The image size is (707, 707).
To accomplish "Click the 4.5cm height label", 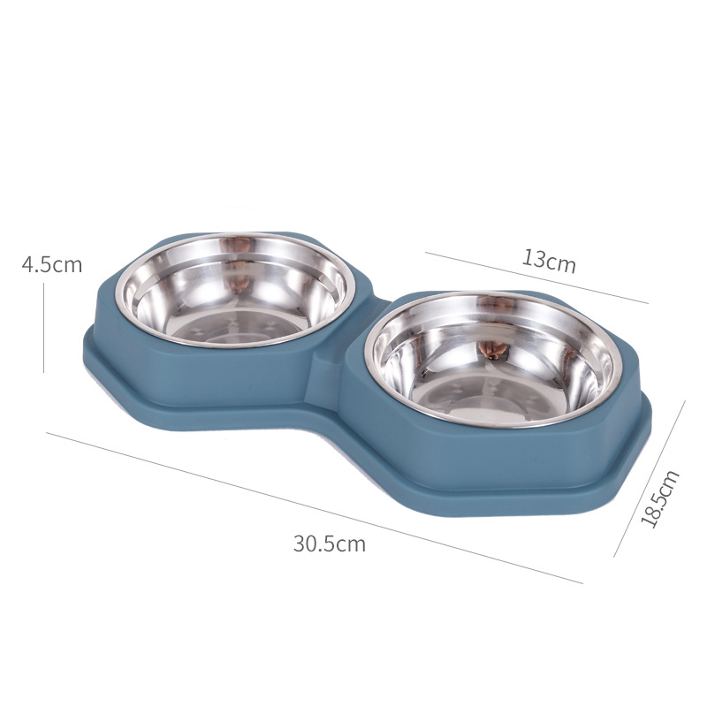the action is [52, 264].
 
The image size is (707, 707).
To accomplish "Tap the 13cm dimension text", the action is [549, 261].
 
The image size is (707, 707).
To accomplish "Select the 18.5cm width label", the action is [659, 498].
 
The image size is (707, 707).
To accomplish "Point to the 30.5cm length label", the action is [329, 544].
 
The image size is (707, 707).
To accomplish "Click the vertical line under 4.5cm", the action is [43, 328].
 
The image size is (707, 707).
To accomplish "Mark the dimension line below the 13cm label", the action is [536, 277].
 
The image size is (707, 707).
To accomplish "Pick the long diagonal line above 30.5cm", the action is [315, 508].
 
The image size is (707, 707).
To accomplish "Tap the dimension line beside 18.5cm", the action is [650, 478].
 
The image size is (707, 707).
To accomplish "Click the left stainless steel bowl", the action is [234, 290].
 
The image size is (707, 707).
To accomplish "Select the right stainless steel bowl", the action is [490, 360].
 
